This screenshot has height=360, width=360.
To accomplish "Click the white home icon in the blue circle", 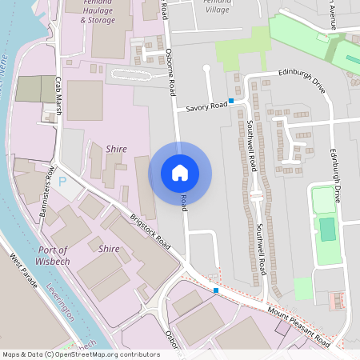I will click(180, 173).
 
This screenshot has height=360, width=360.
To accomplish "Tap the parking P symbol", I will click(62, 182).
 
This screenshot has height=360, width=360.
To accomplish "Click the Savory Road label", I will click(202, 107).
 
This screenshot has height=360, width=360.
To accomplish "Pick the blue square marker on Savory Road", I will click(231, 101).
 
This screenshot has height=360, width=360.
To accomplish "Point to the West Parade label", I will click(25, 271).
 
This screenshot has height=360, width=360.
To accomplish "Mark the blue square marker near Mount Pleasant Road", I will click(216, 290).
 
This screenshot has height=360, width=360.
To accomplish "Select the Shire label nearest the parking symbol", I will click(116, 149).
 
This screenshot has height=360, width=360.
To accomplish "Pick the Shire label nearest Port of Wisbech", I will click(108, 249).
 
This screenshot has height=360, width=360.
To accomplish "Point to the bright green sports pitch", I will click(326, 229).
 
